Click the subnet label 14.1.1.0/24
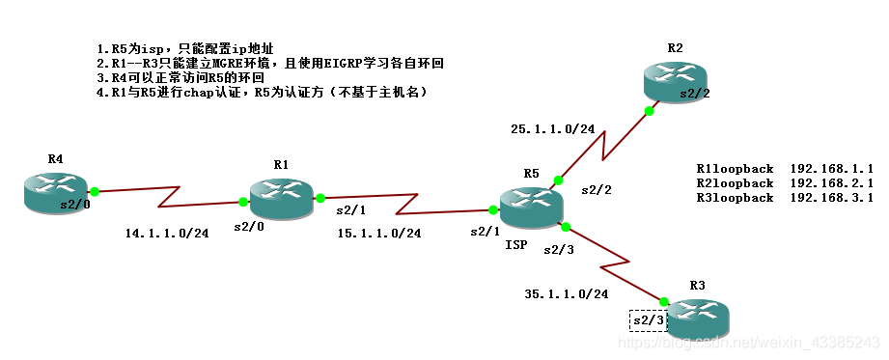tap(167, 233)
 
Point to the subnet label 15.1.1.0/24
tap(379, 233)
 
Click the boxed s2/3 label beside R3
tap(648, 319)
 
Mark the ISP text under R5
tap(516, 245)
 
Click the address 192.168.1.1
tap(831, 168)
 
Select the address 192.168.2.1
tap(831, 182)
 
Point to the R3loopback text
tap(735, 197)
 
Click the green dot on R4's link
tap(95, 191)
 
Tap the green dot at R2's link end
tap(649, 111)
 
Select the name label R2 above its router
tap(675, 47)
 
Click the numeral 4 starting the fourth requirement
tap(100, 93)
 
